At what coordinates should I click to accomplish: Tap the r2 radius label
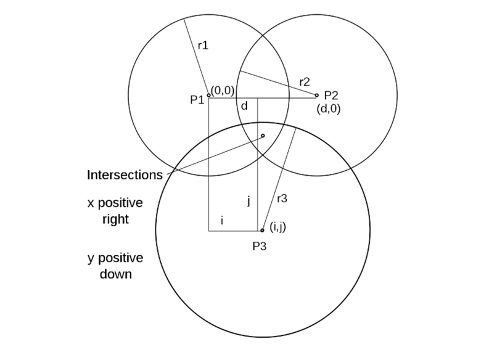point(304,81)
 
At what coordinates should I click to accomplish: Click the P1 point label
point(197,99)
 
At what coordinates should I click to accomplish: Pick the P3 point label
point(260,245)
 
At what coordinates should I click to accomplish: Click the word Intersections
point(125,174)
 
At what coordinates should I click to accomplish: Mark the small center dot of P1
point(208,96)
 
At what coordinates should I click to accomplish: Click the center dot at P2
point(317,96)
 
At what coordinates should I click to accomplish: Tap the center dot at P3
point(263,231)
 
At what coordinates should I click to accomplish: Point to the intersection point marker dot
point(263,136)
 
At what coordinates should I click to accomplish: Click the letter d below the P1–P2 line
point(244,107)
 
